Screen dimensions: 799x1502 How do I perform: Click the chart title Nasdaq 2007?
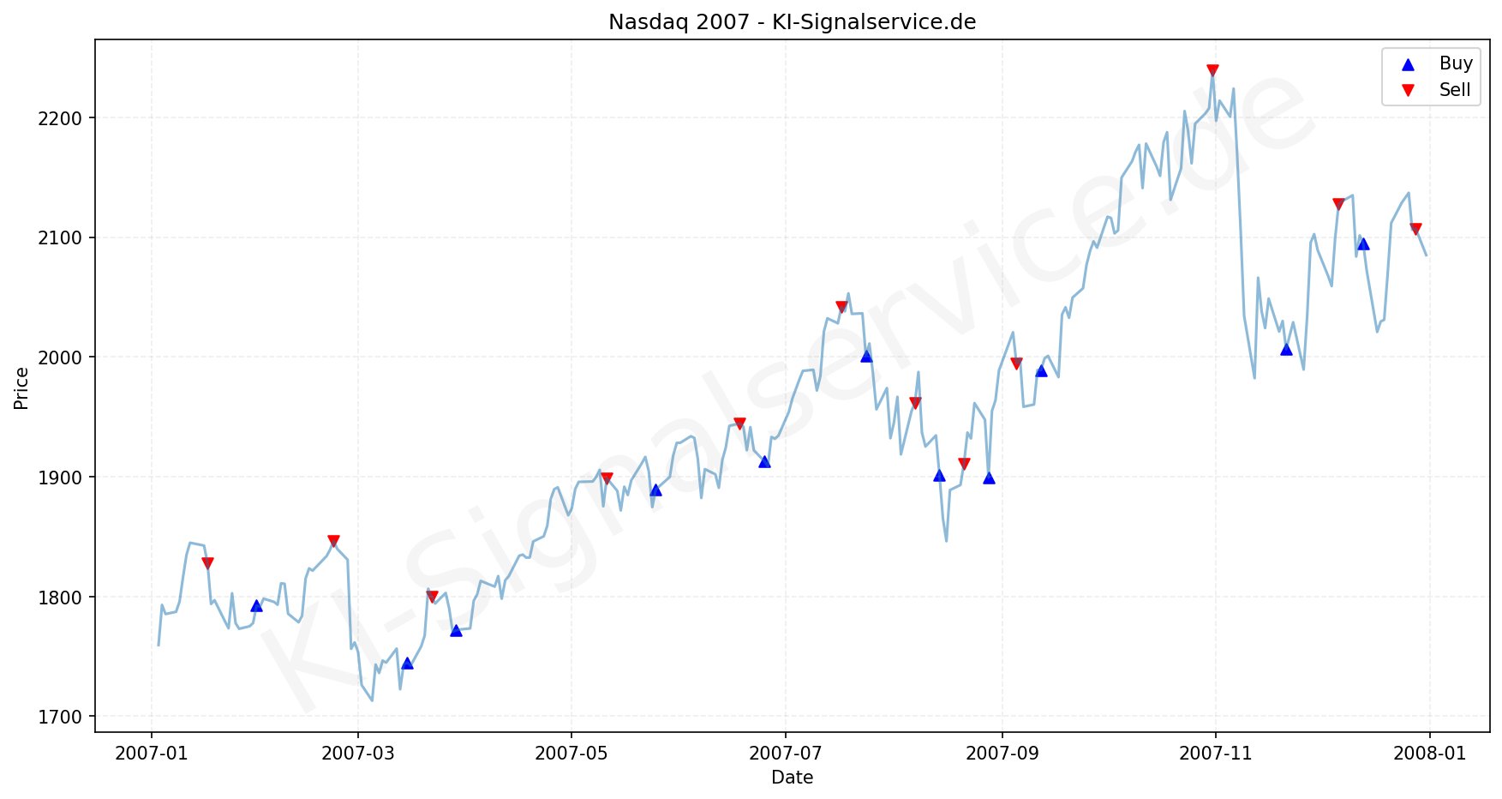coord(792,22)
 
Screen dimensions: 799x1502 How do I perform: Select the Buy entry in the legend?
coord(1455,63)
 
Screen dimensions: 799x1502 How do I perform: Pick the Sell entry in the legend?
coord(1455,90)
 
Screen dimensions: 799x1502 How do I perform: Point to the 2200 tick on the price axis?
coord(67,118)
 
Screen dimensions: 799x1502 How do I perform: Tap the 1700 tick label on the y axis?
coord(67,717)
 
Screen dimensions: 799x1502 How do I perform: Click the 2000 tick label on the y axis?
coord(67,357)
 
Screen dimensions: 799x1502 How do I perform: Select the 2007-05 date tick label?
coord(571,754)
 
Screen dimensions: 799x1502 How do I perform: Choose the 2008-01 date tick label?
coord(1429,754)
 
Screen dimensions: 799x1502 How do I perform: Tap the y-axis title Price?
coord(21,388)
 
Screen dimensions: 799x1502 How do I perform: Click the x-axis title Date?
coord(792,778)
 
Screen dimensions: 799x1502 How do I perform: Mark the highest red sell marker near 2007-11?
coord(1212,70)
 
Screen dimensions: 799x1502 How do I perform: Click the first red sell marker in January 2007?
coord(207,563)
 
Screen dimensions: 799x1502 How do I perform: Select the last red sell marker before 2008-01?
coord(1415,229)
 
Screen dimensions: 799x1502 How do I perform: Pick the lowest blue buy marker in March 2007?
coord(407,664)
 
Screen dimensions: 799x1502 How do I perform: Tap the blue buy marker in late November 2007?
coord(1286,349)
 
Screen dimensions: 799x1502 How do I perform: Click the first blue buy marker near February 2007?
coord(256,606)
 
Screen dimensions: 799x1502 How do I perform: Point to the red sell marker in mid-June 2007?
coord(739,424)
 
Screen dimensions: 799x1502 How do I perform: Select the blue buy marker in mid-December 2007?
coord(1363,244)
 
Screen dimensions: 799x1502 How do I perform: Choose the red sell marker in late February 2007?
coord(333,541)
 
